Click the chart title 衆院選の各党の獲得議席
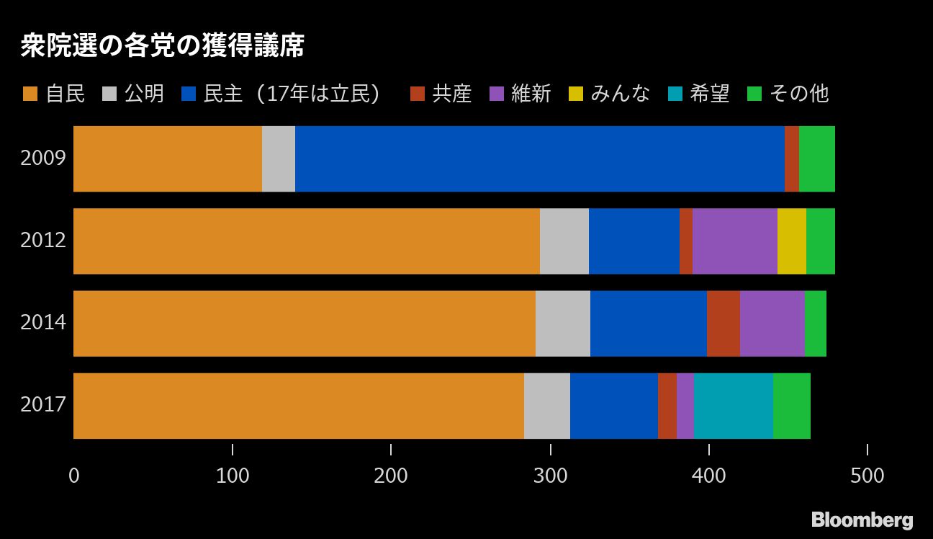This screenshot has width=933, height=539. point(162,47)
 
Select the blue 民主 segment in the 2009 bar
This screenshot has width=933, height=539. point(539,159)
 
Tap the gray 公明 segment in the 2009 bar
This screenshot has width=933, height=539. point(279,159)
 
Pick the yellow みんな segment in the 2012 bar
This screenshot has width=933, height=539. point(791,241)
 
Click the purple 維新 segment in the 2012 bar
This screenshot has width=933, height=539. point(734,241)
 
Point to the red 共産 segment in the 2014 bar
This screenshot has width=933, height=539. point(723,324)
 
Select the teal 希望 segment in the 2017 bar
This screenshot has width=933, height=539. point(733,406)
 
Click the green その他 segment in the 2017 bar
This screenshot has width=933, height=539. point(791,406)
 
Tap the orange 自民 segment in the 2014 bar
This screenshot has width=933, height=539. point(304,324)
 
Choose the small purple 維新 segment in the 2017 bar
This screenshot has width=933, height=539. point(685,406)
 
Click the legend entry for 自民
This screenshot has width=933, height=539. point(55,94)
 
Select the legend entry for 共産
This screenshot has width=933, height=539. point(441,94)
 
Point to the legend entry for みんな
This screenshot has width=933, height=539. point(609,94)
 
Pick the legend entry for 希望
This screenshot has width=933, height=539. point(698,94)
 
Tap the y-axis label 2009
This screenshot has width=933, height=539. point(43,159)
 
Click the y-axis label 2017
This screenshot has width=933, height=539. point(43,406)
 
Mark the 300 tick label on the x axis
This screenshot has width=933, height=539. point(550,476)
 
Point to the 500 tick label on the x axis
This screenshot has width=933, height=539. point(867,476)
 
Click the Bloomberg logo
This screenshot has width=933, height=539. point(862,520)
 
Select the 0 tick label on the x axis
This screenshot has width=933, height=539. point(73,476)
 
